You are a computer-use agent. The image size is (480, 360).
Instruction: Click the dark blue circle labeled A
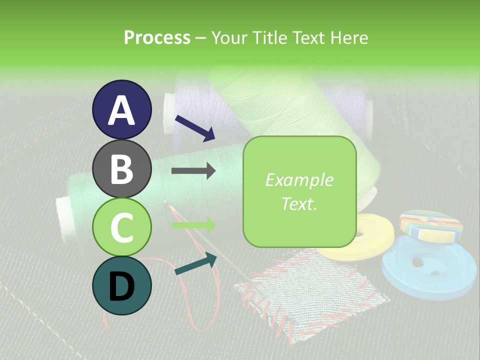click(x=122, y=109)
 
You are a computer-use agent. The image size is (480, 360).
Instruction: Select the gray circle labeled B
click(x=122, y=168)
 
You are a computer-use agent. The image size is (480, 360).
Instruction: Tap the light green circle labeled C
click(x=122, y=227)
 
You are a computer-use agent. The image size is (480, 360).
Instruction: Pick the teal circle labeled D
click(x=122, y=286)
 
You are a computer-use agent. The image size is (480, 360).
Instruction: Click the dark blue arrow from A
click(x=195, y=128)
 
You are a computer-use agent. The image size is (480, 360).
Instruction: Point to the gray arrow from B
click(x=193, y=171)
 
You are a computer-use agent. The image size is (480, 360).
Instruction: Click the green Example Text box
click(x=299, y=191)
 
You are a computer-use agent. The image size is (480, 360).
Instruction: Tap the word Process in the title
click(x=157, y=37)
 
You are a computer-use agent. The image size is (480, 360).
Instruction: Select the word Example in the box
click(x=299, y=180)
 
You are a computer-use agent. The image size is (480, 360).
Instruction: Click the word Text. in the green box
click(x=299, y=203)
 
